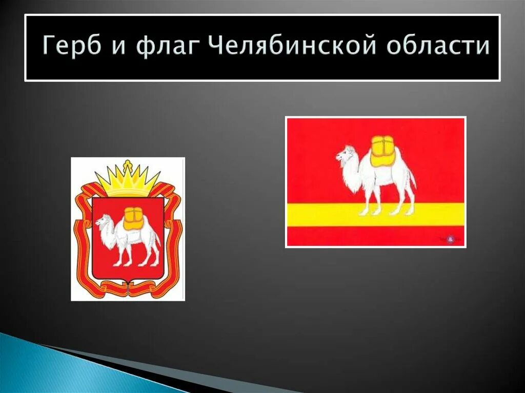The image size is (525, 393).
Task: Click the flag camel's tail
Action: (x=412, y=177)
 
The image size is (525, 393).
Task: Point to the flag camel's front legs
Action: (x=366, y=200)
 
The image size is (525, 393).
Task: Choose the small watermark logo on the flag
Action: (x=450, y=238)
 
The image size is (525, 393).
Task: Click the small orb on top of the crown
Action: (x=128, y=163)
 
